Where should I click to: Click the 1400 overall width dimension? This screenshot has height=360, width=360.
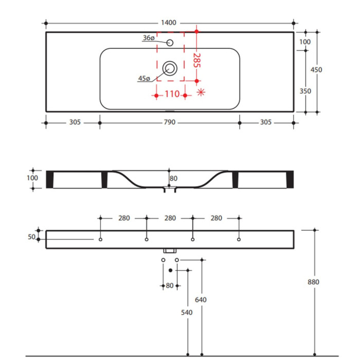tap(169, 23)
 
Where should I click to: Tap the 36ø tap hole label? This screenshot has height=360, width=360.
tap(149, 38)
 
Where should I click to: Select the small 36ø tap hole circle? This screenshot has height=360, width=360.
tap(170, 43)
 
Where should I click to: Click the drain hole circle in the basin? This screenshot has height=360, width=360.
tap(170, 68)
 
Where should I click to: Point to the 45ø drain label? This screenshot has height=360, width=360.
tap(144, 79)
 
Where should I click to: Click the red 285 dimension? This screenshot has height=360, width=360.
tap(197, 60)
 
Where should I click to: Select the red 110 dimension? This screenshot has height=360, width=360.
tap(172, 94)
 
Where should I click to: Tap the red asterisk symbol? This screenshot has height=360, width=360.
tap(201, 92)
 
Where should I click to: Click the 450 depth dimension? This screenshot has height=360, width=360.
tap(316, 69)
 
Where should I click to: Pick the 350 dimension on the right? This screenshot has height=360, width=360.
tap(305, 91)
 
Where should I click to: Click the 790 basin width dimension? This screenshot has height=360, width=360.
tap(169, 122)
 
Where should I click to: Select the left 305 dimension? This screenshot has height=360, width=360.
tap(75, 122)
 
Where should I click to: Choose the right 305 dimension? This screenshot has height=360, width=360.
tap(266, 122)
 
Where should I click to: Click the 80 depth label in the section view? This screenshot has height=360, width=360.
tap(173, 178)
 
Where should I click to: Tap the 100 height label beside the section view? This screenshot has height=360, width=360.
tap(32, 178)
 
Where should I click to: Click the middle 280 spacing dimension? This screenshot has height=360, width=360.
tap(170, 218)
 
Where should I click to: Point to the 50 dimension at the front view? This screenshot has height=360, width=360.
tap(31, 237)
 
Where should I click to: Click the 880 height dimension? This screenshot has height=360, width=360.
tap(313, 282)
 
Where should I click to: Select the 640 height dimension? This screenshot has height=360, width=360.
tap(201, 300)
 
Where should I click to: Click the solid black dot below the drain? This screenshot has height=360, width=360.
tap(170, 271)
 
